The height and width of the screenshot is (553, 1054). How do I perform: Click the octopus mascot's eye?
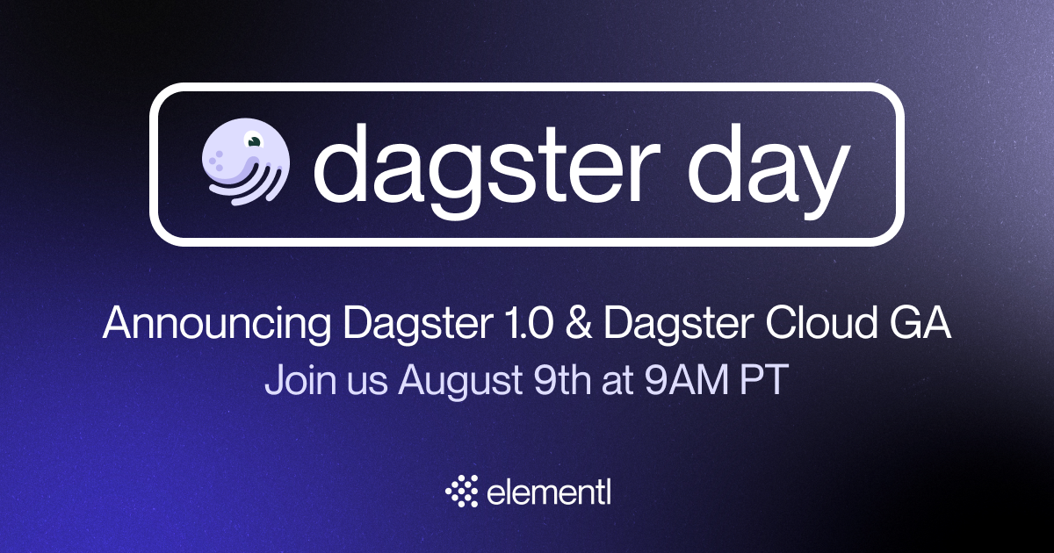coord(254,140)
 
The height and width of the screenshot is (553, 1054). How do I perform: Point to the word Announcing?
coord(217,325)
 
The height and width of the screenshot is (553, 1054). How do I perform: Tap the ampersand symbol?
coord(578,323)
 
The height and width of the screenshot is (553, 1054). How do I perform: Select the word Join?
coord(300,379)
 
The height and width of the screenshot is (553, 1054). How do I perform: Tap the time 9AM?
coord(686,379)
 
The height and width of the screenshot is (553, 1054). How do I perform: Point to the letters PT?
coord(763,379)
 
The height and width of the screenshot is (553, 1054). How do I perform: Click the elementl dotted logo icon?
coord(462,491)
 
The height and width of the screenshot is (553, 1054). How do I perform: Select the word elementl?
coord(549,492)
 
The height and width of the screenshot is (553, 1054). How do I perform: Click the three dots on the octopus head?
coord(216,161)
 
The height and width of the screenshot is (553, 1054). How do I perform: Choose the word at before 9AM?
coord(617,381)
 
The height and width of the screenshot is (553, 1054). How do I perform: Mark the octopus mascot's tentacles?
coord(249,186)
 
